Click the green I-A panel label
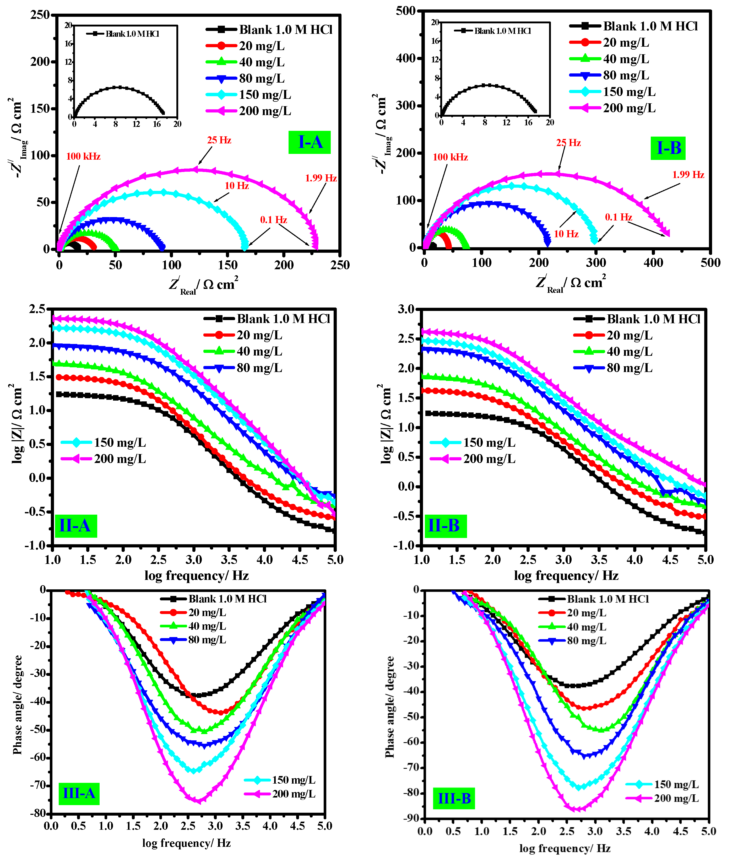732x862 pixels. [310, 142]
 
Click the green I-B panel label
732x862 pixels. [668, 148]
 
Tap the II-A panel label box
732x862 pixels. [75, 526]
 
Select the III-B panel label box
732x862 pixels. [454, 798]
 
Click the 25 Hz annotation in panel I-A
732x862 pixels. [219, 140]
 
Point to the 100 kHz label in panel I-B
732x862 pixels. [450, 157]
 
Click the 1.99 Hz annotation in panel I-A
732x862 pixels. [321, 178]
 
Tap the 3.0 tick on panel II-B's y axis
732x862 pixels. [406, 309]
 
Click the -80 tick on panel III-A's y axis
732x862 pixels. [40, 813]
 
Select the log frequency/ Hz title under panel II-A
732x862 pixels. [196, 576]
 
